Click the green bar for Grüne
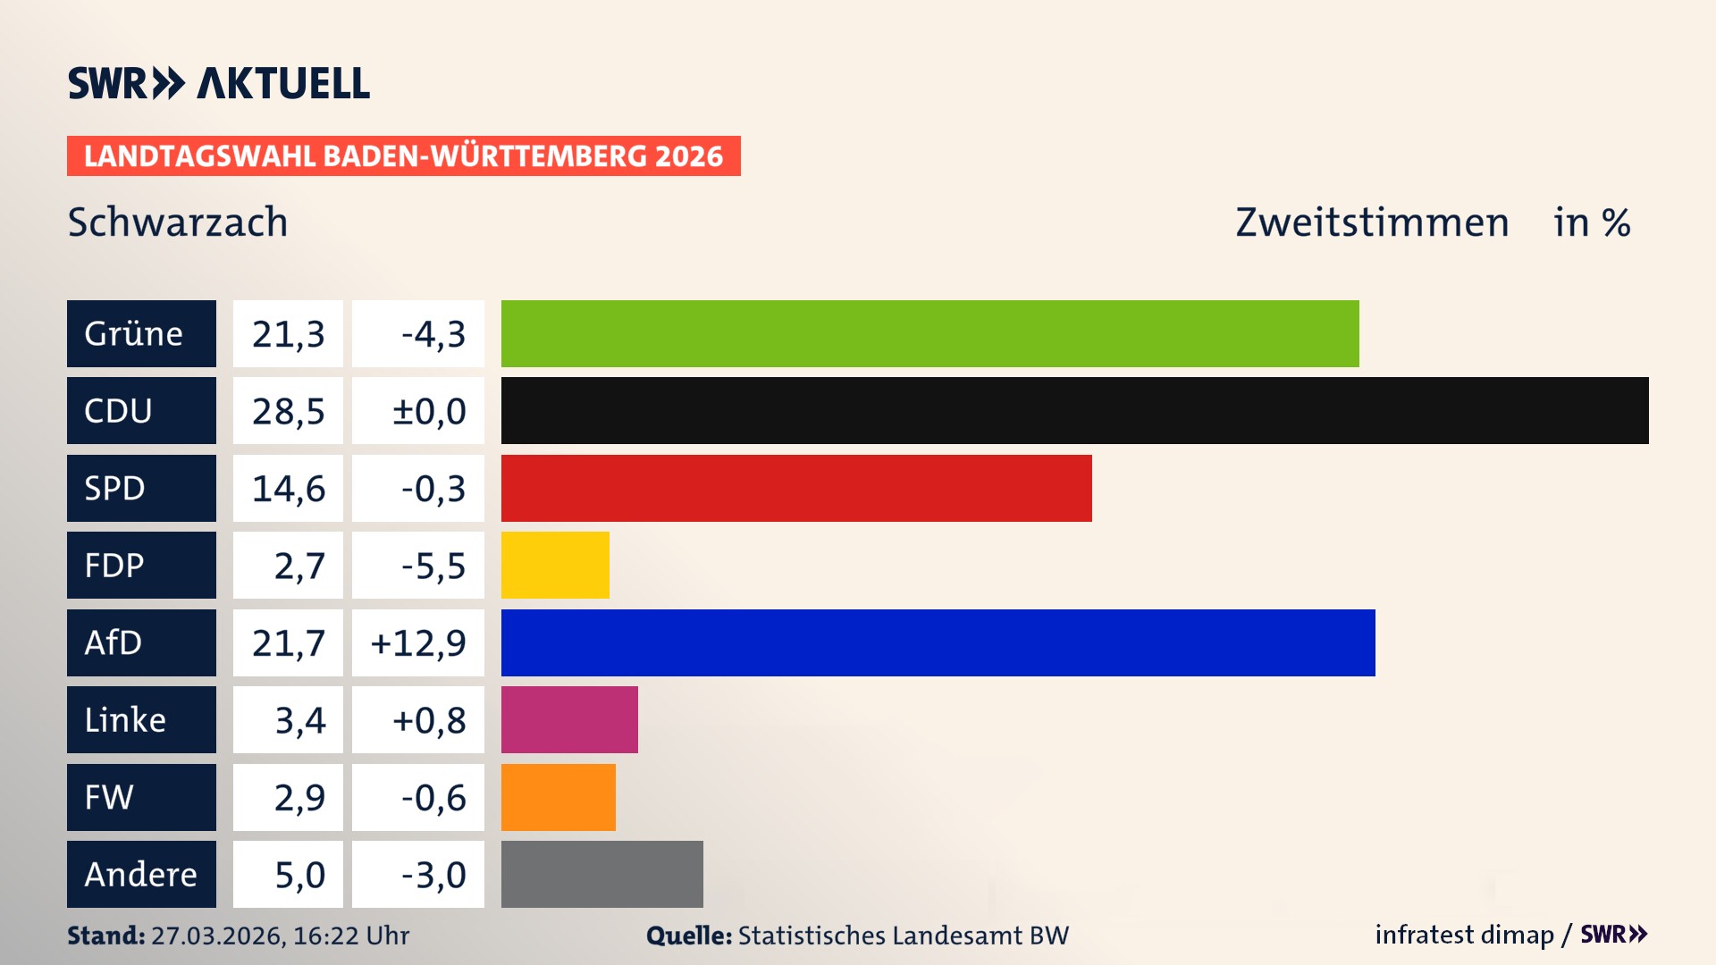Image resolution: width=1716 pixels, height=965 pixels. (x=929, y=333)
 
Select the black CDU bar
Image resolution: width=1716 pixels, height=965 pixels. (x=1074, y=410)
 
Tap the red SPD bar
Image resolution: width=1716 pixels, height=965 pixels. (x=795, y=488)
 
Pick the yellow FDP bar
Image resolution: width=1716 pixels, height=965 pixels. (x=555, y=565)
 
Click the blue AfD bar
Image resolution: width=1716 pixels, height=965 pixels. (x=938, y=642)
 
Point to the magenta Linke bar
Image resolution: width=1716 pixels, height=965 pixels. (x=569, y=719)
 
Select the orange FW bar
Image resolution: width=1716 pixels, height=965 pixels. (x=558, y=797)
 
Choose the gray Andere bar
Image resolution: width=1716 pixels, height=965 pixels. (x=601, y=874)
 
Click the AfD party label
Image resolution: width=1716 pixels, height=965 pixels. (x=141, y=642)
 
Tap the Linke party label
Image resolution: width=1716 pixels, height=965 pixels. (x=141, y=719)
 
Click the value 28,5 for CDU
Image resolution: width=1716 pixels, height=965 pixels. (x=288, y=411)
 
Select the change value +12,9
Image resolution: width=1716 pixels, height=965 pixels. (x=418, y=642)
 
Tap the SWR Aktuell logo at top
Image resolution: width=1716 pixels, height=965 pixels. (x=218, y=83)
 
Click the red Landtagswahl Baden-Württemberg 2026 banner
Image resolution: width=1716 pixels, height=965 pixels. (x=403, y=156)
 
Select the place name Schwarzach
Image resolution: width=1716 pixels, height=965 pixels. (x=178, y=222)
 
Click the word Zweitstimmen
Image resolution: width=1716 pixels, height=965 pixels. (x=1372, y=222)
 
